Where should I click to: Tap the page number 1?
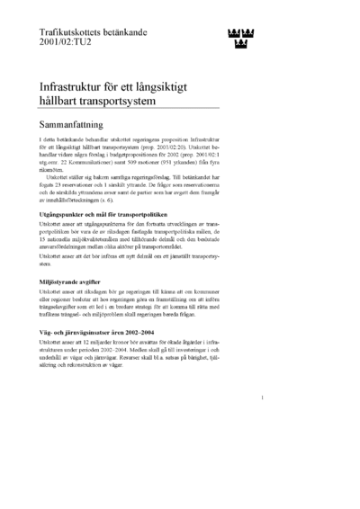coord(262,421)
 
